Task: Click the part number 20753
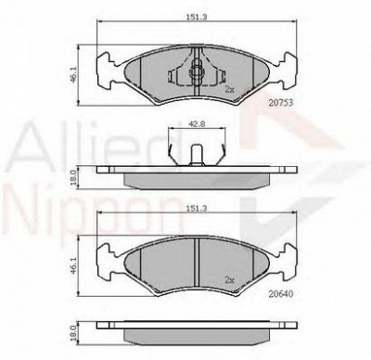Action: pyautogui.click(x=280, y=103)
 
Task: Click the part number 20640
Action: pyautogui.click(x=280, y=294)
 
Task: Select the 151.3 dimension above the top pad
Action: pyautogui.click(x=196, y=18)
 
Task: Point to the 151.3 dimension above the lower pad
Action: pyautogui.click(x=196, y=209)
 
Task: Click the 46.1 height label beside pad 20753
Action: pyautogui.click(x=73, y=75)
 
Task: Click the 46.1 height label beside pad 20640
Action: pyautogui.click(x=73, y=265)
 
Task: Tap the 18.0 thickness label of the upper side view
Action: pyautogui.click(x=73, y=178)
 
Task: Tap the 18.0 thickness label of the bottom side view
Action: pyautogui.click(x=73, y=332)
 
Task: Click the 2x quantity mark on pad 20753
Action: pyautogui.click(x=229, y=90)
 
